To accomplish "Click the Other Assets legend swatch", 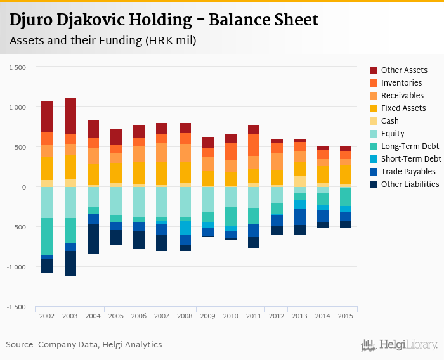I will [374, 70].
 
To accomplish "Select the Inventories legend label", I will [402, 82].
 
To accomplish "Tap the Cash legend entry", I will [391, 120].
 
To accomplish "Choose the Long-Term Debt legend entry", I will [409, 146].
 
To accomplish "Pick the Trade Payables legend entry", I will [408, 171].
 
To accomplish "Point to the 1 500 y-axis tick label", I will [17, 68].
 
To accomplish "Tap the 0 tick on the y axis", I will [24, 188].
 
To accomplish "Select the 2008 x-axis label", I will [185, 316].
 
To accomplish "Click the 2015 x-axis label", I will [346, 316].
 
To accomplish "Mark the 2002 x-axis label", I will [47, 316].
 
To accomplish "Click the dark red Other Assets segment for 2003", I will [70, 115].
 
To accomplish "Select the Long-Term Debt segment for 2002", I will [47, 236].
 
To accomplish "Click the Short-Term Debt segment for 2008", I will [185, 228].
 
